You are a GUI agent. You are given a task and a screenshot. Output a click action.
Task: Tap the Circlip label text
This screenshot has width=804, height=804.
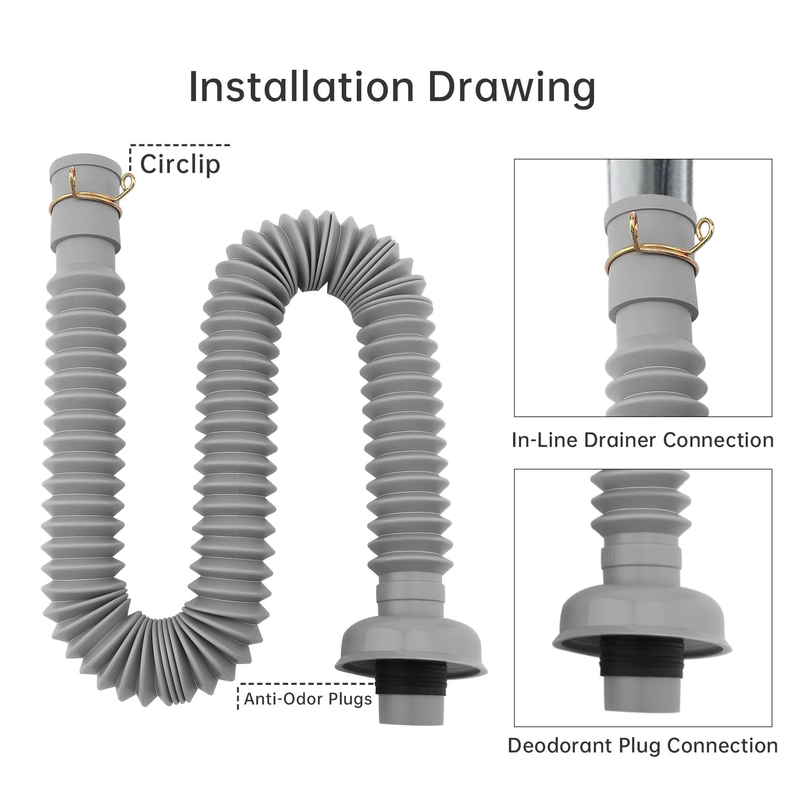(x=180, y=165)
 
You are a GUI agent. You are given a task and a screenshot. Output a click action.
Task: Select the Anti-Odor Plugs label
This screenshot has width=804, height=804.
(x=308, y=699)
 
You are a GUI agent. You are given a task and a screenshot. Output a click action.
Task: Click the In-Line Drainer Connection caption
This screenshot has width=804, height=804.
(x=643, y=440)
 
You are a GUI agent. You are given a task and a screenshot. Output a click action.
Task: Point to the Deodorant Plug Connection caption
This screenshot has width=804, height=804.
(x=643, y=745)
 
